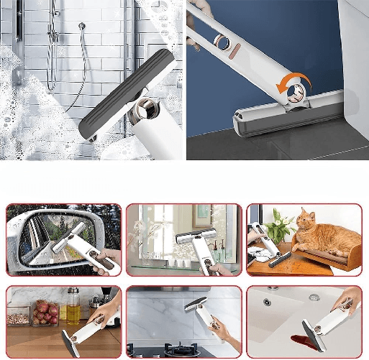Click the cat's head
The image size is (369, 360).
click(x=307, y=220)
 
